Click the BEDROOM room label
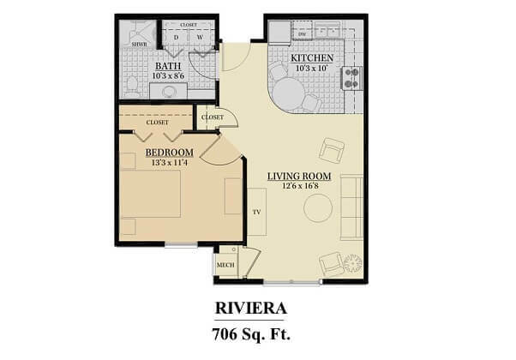170,153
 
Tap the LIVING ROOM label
299,177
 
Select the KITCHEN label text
312,58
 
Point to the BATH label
168,66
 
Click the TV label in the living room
256,213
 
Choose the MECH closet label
225,265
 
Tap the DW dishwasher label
302,34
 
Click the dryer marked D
176,37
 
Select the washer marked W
200,37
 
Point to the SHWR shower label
139,44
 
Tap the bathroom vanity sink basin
170,91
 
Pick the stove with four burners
351,78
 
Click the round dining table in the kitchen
289,93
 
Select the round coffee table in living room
318,208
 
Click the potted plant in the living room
353,263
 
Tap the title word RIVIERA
251,309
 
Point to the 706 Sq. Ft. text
251,334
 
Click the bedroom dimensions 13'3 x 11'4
170,163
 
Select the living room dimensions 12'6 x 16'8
300,186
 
